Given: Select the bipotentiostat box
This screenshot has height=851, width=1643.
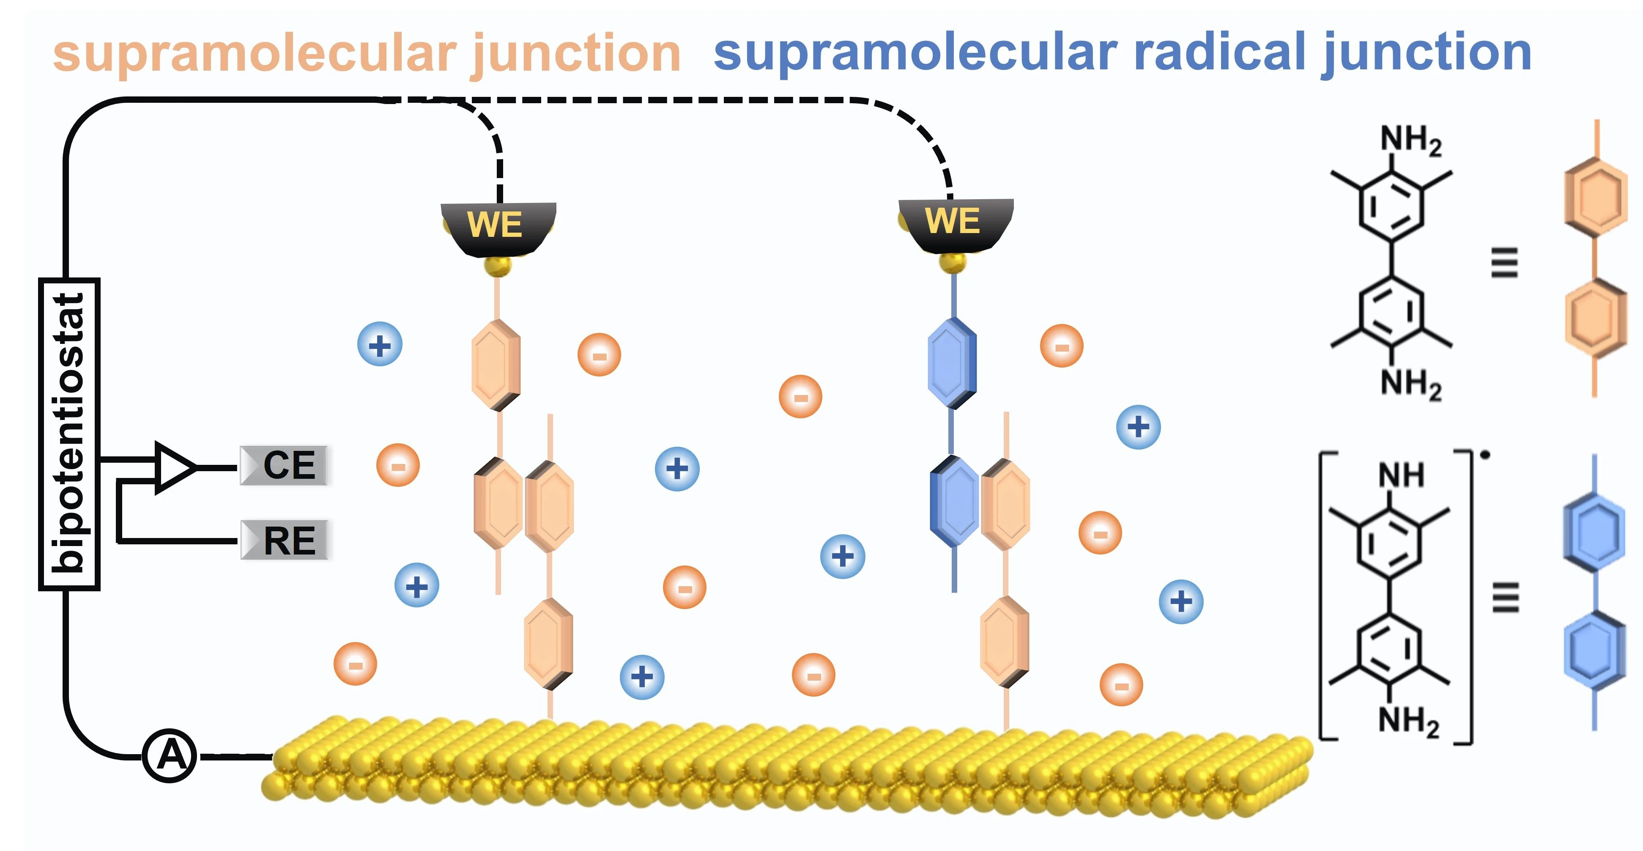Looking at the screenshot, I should click(69, 434).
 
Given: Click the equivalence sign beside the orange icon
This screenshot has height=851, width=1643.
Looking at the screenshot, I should click(1504, 262).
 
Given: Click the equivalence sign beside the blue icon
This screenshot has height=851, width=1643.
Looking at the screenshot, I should click(1505, 598).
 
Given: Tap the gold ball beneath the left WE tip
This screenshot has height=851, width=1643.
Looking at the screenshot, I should click(498, 266).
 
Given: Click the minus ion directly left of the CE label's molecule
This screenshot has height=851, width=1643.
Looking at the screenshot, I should click(398, 465).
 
